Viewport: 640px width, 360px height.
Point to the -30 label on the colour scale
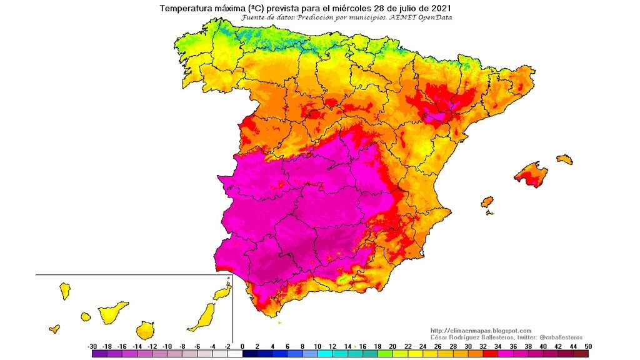click(x=92, y=346)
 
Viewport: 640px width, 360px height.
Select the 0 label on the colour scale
click(x=242, y=346)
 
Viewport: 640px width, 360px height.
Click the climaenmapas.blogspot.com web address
click(x=481, y=331)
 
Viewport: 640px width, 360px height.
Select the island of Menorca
click(x=564, y=159)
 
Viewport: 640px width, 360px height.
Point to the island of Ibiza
click(x=487, y=202)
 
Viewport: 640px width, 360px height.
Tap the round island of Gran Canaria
click(x=145, y=329)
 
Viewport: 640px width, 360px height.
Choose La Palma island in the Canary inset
click(x=64, y=291)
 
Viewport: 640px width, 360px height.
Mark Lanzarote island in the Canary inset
click(x=222, y=292)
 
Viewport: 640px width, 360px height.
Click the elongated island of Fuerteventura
click(x=202, y=317)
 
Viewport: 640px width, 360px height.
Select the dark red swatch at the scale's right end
click(x=581, y=354)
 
